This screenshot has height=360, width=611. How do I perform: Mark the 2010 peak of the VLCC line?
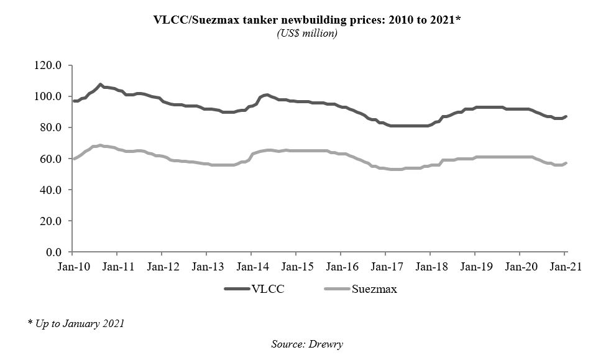100,84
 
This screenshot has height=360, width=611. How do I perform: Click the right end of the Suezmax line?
566,163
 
